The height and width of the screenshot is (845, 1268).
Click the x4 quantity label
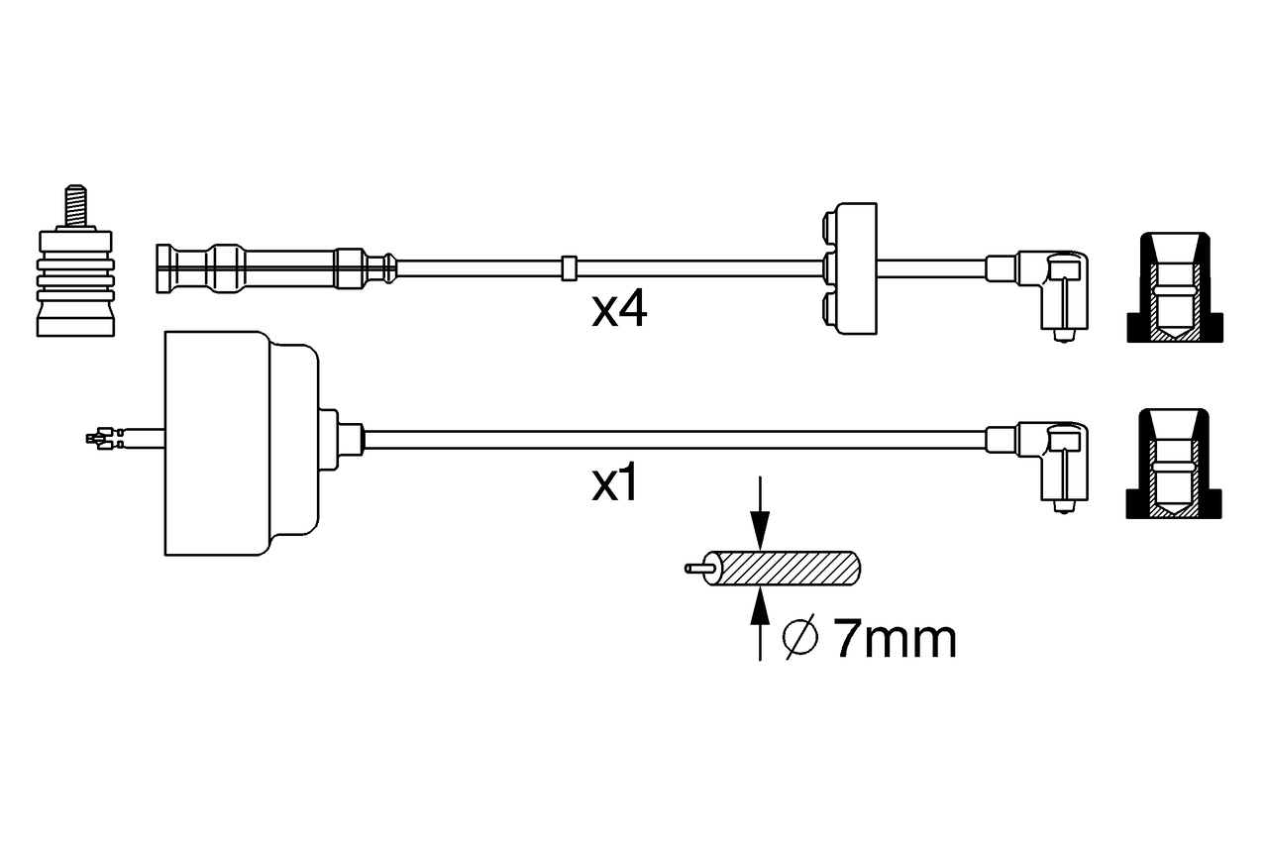[619, 311]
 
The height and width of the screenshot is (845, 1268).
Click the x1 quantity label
[614, 485]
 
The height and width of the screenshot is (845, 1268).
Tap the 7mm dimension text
[895, 640]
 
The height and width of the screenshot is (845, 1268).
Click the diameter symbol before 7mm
[799, 640]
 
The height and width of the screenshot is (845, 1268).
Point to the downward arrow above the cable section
[759, 515]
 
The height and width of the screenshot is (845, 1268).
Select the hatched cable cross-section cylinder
[788, 569]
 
